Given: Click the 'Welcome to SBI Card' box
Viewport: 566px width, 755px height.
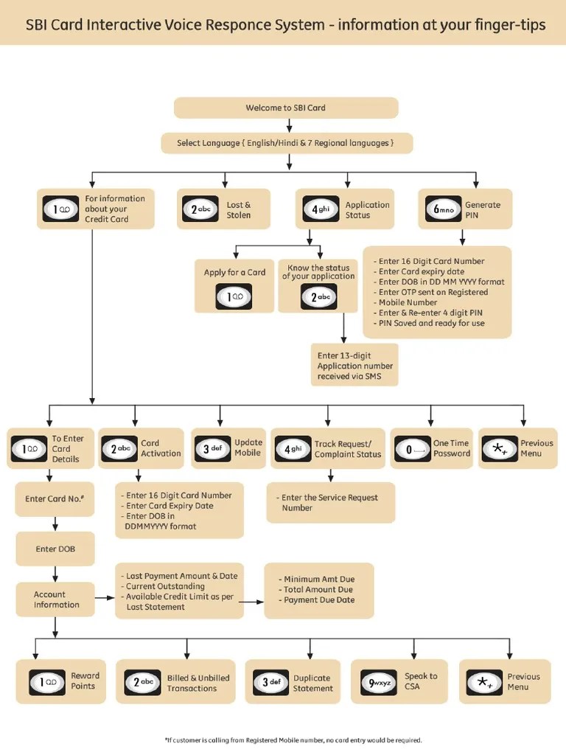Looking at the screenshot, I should (286, 108).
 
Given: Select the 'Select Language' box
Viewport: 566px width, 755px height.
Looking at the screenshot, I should (286, 143).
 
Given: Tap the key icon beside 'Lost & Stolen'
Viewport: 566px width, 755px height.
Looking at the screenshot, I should (200, 209).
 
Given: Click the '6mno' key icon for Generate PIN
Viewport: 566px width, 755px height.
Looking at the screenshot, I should (443, 209).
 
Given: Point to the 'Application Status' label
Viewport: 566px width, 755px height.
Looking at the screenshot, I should (367, 210).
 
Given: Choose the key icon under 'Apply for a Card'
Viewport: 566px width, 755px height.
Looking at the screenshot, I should (234, 296).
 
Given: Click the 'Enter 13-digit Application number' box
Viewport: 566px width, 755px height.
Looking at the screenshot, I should (354, 366).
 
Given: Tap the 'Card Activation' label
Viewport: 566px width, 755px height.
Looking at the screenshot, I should (161, 448).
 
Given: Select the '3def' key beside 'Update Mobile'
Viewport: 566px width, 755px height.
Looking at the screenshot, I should (211, 448).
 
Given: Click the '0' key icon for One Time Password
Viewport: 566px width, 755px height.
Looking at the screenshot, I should (412, 449).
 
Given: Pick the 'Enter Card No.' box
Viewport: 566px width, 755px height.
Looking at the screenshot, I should (55, 499).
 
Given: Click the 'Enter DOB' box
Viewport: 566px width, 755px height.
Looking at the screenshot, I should (55, 549).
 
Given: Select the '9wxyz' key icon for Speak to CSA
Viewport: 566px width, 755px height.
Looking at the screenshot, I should (380, 682).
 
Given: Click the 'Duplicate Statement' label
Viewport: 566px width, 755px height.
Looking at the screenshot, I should (312, 683).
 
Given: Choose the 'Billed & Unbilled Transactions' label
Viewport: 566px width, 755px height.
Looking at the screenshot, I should (198, 683).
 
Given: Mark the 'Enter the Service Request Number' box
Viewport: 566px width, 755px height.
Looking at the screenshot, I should (329, 503).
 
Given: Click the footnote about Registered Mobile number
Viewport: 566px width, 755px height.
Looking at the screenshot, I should (293, 740).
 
